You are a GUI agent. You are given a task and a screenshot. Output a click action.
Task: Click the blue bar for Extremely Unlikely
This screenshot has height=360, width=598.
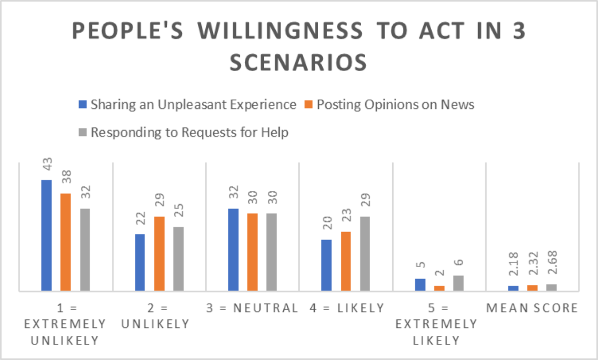pos(46,235)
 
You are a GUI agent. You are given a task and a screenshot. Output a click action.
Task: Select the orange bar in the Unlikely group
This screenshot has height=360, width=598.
pos(159,253)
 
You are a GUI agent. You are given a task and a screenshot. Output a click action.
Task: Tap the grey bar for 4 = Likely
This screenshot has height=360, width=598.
pos(365,253)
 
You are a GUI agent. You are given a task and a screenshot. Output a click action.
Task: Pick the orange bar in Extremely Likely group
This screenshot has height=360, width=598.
pos(439,288)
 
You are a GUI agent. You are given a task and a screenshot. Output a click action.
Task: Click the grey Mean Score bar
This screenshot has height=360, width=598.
pos(552,287)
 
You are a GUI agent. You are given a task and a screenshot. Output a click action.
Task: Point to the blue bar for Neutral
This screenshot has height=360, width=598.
pos(233,249)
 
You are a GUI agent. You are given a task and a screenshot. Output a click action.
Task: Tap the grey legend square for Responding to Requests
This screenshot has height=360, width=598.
pos(83,133)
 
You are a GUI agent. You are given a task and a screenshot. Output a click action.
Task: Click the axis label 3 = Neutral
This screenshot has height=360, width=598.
pos(252,308)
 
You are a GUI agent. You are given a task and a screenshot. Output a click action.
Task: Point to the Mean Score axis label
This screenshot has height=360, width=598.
pos(533,308)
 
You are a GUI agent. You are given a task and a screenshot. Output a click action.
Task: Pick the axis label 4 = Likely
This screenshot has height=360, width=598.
pos(346,308)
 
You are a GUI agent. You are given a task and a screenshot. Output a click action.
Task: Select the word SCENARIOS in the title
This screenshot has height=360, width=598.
pos(299,63)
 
